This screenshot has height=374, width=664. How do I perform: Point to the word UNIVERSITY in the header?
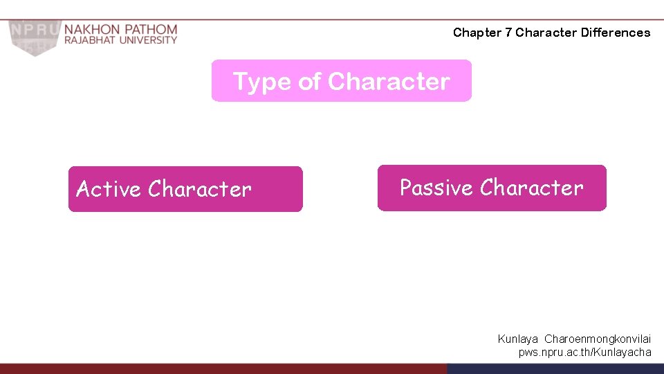(147, 41)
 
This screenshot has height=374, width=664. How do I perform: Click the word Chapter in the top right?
(477, 33)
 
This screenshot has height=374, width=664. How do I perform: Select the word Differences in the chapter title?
(616, 33)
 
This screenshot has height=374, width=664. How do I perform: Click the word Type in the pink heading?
(261, 82)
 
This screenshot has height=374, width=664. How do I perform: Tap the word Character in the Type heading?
(389, 82)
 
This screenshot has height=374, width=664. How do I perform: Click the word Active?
(109, 189)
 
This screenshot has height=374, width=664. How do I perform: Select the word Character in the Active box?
(199, 189)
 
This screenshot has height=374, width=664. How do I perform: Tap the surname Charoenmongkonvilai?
(598, 339)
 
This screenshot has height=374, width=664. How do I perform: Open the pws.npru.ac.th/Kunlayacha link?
(584, 353)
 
